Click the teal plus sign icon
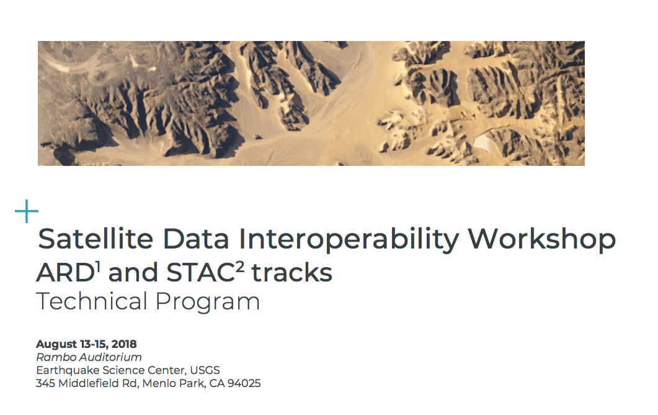tap(27, 211)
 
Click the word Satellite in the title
tap(96, 239)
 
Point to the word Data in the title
tap(196, 239)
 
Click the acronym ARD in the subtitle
tap(66, 273)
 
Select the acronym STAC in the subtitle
tap(200, 273)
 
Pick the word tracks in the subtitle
tap(291, 273)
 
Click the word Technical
tap(92, 301)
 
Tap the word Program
tap(208, 303)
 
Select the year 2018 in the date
tap(124, 344)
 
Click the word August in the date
tap(56, 344)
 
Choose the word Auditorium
tap(110, 357)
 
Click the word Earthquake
tap(68, 370)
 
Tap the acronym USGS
tap(205, 370)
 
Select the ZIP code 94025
tap(244, 383)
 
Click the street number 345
tap(45, 383)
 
